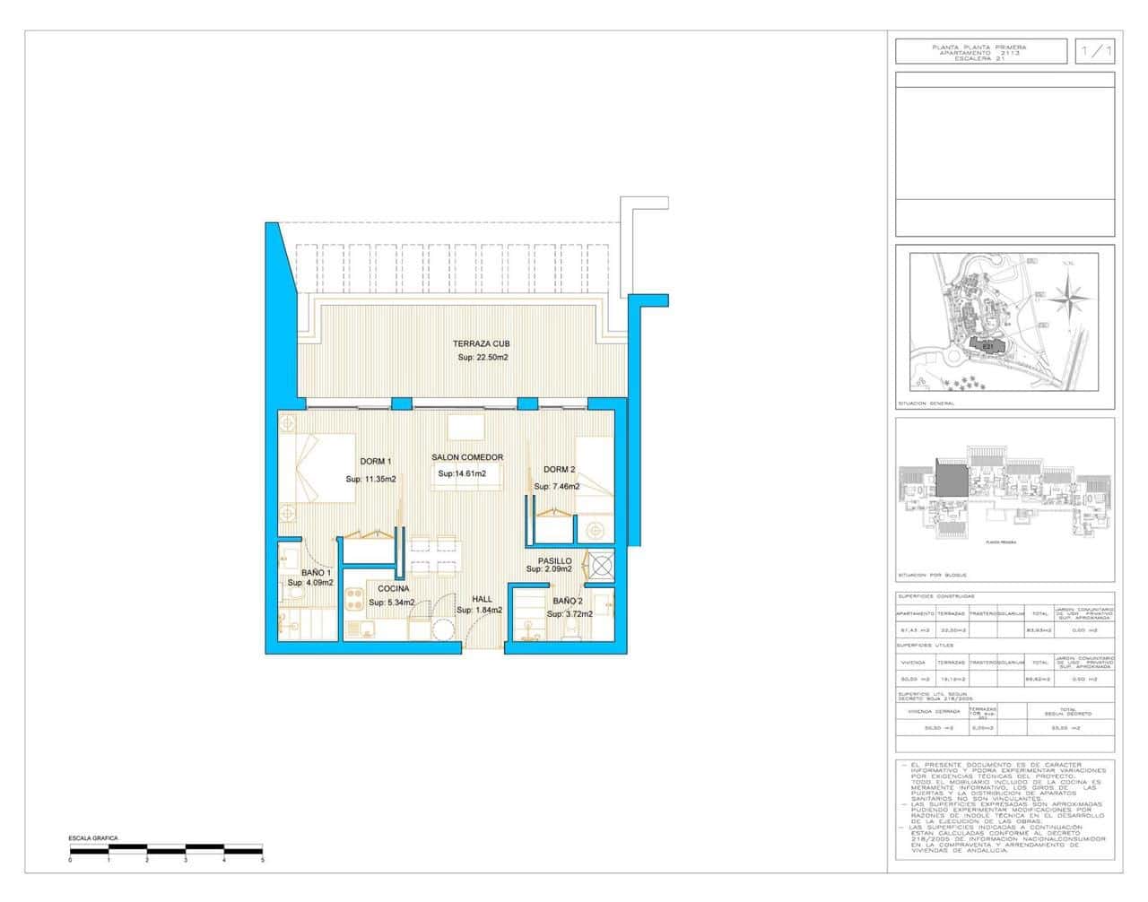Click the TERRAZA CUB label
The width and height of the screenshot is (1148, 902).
[x=482, y=343]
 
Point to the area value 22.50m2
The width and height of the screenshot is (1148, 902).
[x=483, y=358]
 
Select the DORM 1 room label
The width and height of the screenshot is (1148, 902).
[x=375, y=462]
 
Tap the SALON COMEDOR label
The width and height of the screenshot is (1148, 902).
[x=467, y=457]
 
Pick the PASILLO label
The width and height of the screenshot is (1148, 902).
[x=555, y=560]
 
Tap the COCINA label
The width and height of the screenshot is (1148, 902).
[x=394, y=589]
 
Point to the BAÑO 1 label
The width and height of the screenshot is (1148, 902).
[x=317, y=573]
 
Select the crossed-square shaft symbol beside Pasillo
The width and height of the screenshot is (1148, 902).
[x=599, y=566]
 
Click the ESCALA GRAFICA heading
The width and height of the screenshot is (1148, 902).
[x=93, y=838]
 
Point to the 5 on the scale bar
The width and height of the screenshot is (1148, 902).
[x=262, y=860]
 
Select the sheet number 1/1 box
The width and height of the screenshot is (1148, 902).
[x=1095, y=52]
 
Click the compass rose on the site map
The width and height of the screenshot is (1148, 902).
[x=1070, y=295]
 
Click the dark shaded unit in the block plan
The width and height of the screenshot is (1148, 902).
[x=950, y=478]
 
